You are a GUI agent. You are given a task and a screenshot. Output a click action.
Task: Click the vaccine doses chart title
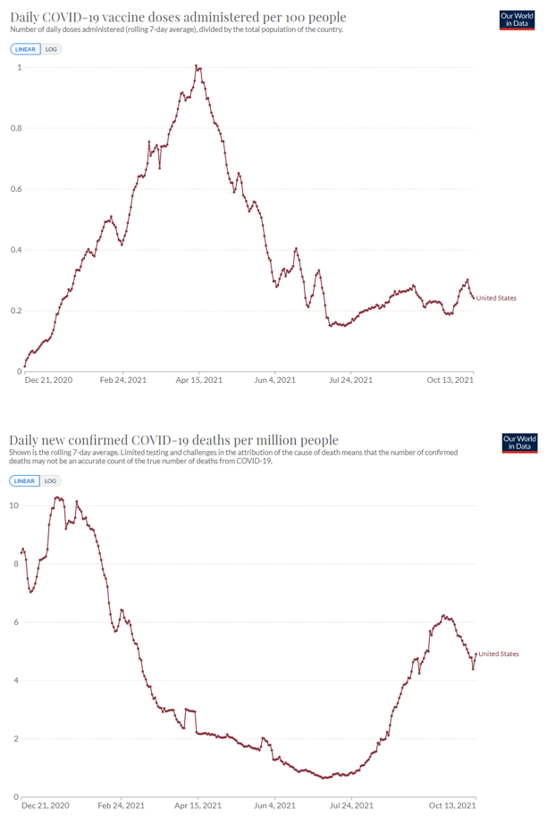(x=178, y=17)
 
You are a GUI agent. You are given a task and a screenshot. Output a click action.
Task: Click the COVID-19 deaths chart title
(x=174, y=439)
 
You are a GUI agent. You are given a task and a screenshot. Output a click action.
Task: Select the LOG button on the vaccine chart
(x=51, y=49)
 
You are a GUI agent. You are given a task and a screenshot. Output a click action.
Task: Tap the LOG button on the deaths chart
(x=51, y=480)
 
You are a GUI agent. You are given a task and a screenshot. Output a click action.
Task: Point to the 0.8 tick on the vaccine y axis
(x=15, y=129)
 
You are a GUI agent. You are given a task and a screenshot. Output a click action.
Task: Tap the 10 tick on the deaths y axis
(x=14, y=505)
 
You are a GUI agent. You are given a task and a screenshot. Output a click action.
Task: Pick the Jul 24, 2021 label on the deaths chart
(x=352, y=806)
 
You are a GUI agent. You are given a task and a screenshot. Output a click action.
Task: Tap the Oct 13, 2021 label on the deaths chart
(x=451, y=806)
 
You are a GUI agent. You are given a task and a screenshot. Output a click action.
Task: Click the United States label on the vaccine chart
(x=496, y=298)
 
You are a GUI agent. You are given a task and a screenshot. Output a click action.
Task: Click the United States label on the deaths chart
(x=498, y=653)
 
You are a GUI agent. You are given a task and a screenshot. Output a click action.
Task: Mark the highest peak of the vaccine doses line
(x=198, y=66)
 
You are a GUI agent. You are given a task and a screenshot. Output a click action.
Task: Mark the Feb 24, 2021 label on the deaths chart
(x=123, y=806)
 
